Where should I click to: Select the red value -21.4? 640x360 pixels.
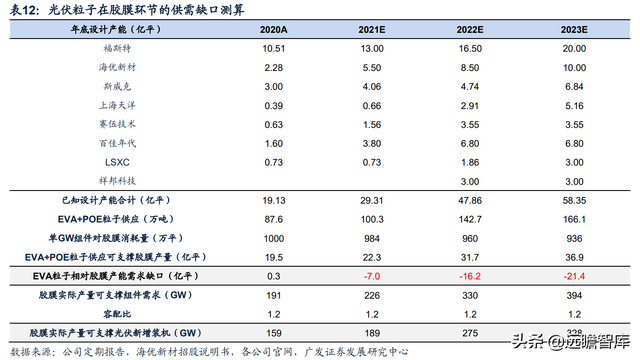click(x=566, y=273)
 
